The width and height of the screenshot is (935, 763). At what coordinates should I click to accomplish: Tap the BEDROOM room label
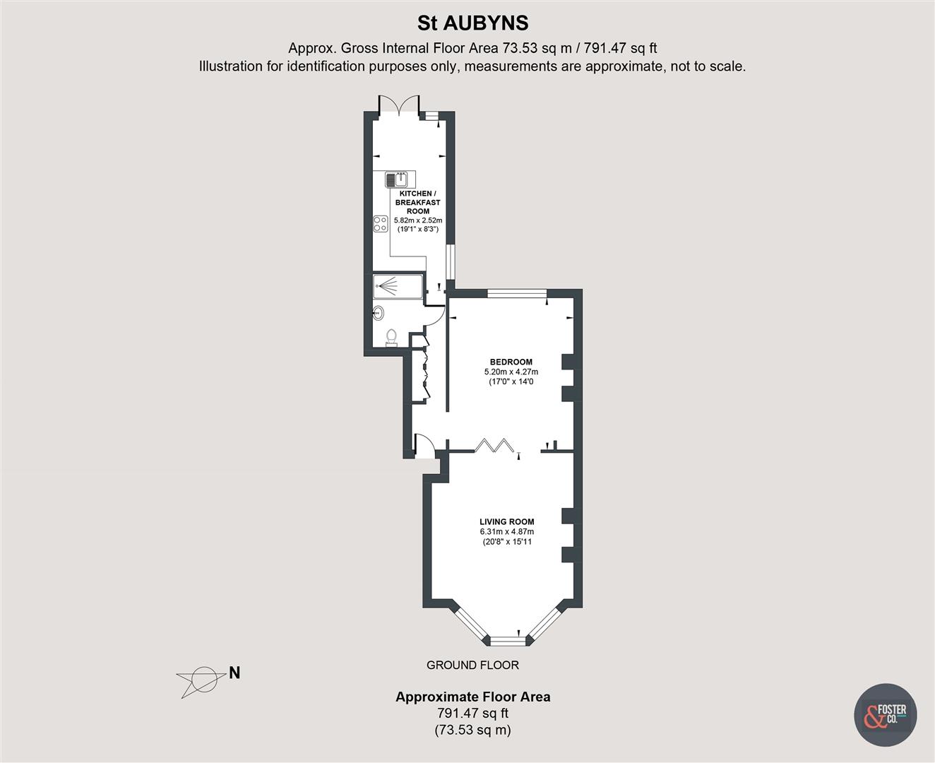[x=511, y=362]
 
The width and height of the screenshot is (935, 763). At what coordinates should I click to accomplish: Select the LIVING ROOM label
[x=506, y=522]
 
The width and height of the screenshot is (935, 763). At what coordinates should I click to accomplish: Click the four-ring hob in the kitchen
[x=381, y=224]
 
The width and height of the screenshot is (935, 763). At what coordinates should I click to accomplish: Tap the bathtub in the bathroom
[x=398, y=286]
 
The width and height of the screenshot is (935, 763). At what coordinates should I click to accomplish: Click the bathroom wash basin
[x=379, y=312]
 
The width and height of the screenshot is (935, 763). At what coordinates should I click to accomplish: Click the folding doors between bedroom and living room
[x=495, y=446]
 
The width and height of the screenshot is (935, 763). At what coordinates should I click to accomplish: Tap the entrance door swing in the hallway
[x=424, y=445]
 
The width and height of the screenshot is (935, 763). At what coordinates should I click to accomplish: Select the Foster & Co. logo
[x=886, y=715]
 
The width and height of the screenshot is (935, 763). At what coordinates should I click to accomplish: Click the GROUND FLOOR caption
[x=472, y=665]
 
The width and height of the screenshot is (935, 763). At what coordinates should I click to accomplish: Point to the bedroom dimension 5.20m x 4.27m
[x=511, y=372]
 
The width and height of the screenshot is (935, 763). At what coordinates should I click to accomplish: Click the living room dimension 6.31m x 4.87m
[x=506, y=532]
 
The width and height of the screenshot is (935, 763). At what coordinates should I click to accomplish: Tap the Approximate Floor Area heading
[x=472, y=697]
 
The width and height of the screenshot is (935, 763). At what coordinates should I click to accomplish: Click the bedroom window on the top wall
[x=517, y=293]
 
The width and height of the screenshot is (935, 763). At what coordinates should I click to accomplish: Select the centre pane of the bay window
[x=508, y=641]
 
